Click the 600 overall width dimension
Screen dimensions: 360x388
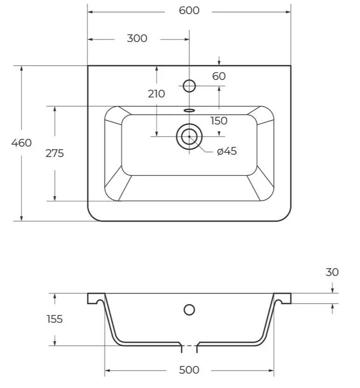pos(189,11)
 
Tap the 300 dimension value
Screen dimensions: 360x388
pos(137,38)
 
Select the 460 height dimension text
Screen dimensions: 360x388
pos(21,143)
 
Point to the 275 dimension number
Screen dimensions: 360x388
pos(55,153)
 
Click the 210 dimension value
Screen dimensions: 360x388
pos(156,94)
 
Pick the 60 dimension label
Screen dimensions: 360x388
pos(219,76)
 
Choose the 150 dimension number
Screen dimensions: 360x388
pos(219,121)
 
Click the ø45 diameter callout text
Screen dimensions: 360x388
pos(227,151)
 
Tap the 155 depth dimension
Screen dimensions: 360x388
pos(55,319)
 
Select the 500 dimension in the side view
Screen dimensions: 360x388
pos(189,370)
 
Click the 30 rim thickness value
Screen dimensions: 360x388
pos(332,272)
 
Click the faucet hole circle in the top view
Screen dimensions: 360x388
pos(189,80)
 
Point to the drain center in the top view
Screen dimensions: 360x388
pos(189,137)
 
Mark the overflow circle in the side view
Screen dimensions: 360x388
pos(189,305)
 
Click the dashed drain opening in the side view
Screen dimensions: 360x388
pos(189,346)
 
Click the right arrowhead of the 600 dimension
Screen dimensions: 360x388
pos(288,12)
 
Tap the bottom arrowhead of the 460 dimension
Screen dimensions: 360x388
pos(21,218)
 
